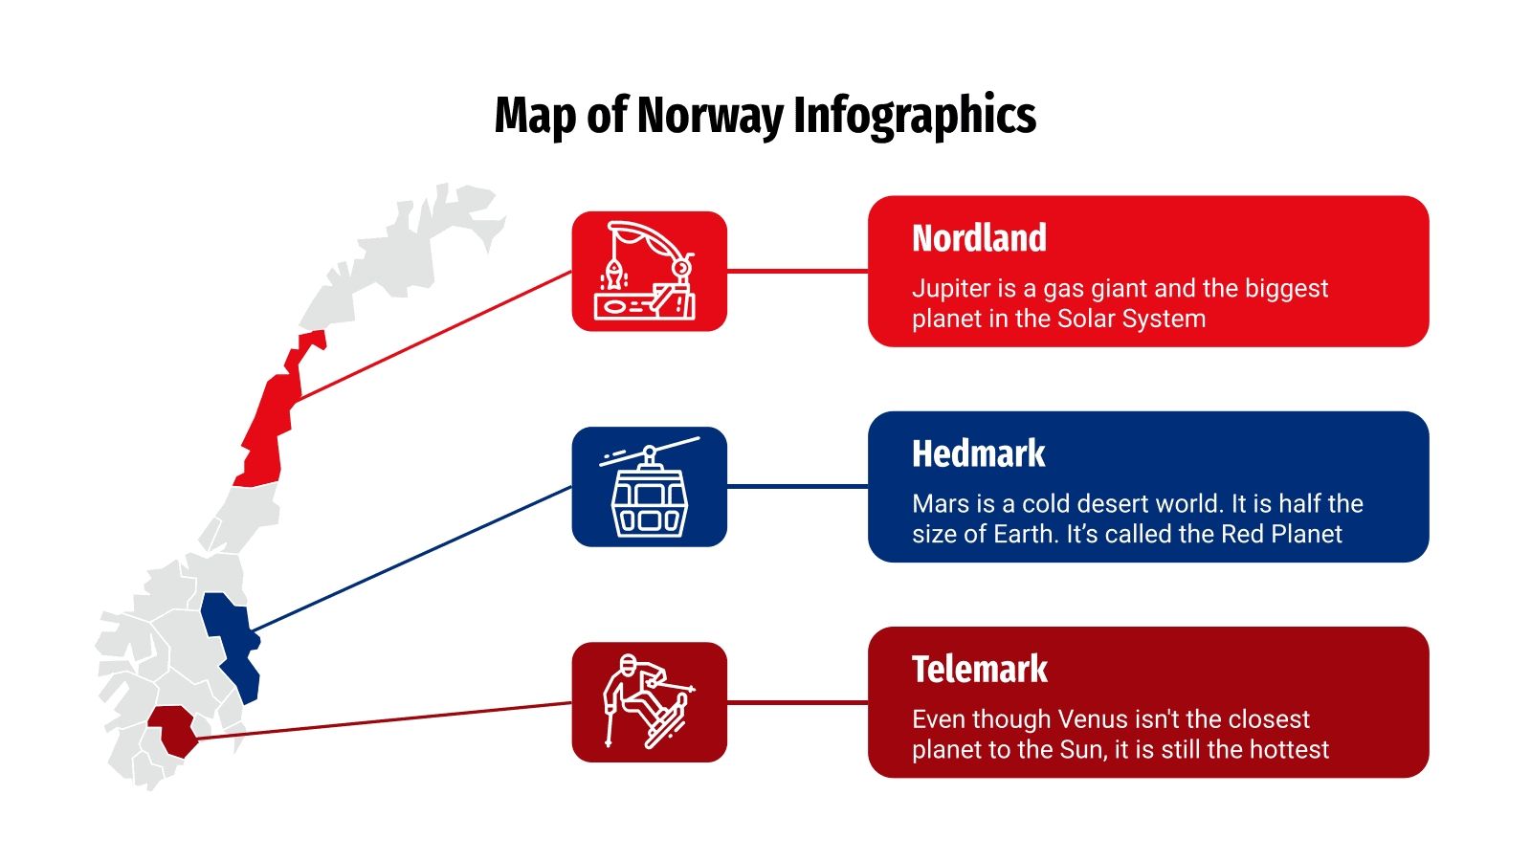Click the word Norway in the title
709,116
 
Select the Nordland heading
979,238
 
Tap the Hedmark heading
978,453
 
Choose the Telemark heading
979,669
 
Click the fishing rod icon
649,272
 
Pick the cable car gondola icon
649,487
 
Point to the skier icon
649,702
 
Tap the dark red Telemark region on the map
173,730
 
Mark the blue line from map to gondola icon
411,559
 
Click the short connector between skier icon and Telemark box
797,702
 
